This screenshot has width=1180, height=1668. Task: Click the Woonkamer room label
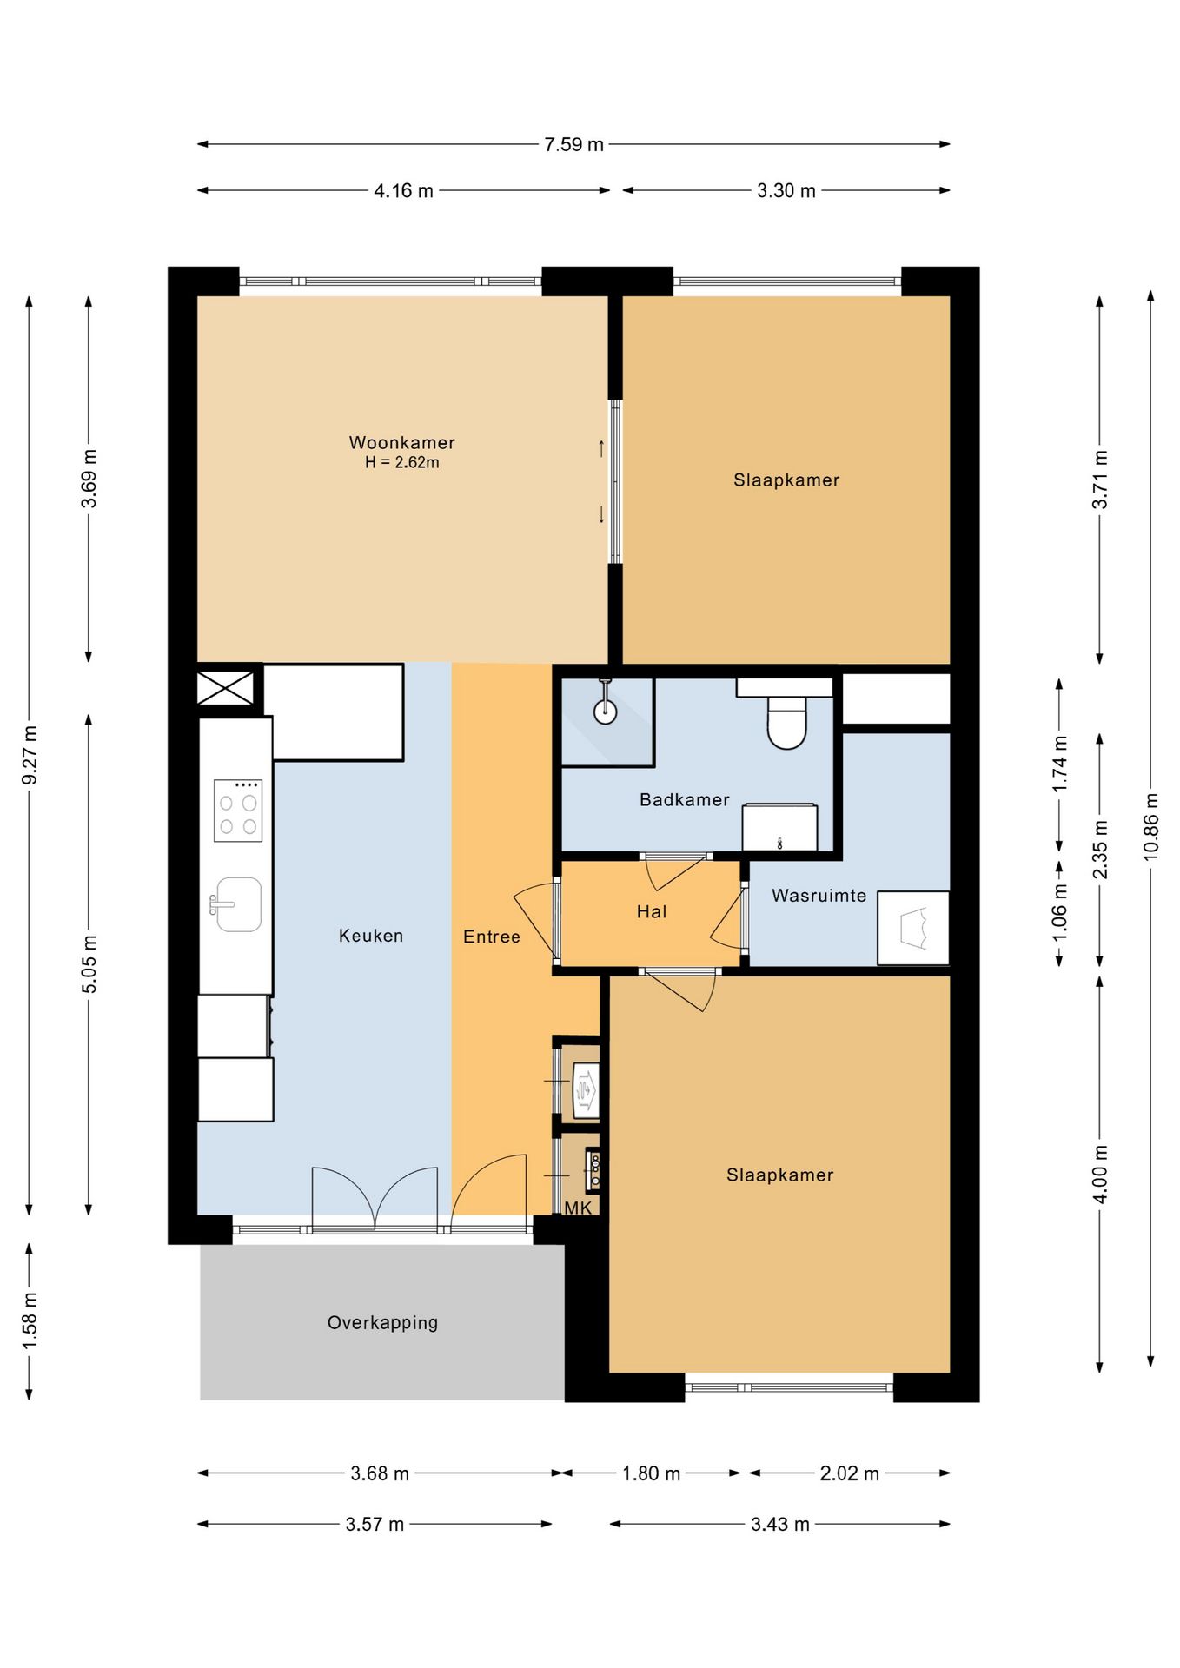point(401,442)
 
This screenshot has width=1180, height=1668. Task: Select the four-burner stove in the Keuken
point(238,811)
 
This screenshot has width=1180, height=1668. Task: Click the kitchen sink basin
point(237,904)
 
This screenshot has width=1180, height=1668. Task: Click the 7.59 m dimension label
point(573,144)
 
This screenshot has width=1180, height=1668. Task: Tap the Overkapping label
point(382,1322)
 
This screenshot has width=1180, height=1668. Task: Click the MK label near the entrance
point(578,1208)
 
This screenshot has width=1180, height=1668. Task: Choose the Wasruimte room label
point(819,895)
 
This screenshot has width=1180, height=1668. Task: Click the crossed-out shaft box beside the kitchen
point(225,688)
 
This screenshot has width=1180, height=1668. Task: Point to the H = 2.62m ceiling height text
point(401,463)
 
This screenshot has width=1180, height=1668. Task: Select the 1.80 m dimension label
point(651,1473)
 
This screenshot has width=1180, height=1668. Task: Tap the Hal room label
point(651,911)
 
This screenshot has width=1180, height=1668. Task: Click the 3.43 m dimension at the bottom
point(779,1524)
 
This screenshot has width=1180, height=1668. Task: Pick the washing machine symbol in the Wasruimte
point(912,928)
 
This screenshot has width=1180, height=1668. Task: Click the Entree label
point(491,937)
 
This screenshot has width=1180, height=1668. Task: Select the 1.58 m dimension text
point(30,1320)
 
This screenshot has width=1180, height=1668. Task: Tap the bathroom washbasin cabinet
point(779,827)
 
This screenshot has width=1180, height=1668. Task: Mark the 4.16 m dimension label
point(403,190)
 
